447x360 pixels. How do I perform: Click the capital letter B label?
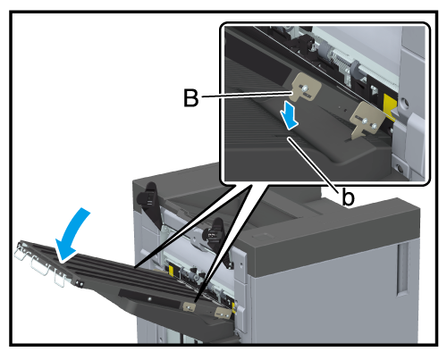point(190,97)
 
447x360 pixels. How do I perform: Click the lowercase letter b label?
point(348,197)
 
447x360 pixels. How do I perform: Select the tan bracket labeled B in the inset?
point(306,88)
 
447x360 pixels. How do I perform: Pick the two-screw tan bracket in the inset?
point(366,119)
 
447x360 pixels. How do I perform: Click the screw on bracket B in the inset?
point(304,88)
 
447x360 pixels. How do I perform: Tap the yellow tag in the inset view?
point(391,106)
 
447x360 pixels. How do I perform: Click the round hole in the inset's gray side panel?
point(404,103)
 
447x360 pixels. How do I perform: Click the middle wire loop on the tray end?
point(40,266)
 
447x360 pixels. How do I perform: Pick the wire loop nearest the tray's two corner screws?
point(60,280)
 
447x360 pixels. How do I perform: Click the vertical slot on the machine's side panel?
point(402,269)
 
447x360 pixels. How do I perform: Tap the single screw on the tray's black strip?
point(149,298)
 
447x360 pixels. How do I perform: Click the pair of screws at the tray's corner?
point(80,283)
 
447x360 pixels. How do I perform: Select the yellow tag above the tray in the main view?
point(171,271)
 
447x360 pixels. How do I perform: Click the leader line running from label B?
point(247,95)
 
